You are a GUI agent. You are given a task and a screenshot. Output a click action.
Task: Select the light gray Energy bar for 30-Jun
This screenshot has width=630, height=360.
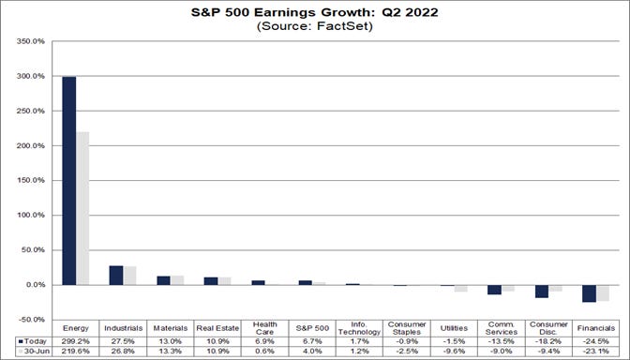point(82,208)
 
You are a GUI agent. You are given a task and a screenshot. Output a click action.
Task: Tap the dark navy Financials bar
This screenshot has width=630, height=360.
point(589,293)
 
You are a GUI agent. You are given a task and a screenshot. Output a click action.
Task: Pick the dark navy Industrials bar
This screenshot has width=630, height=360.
point(115,275)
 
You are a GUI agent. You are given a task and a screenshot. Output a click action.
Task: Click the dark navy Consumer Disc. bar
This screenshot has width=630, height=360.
point(541,291)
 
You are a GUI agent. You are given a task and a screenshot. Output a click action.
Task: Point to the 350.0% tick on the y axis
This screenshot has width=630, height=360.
point(31,42)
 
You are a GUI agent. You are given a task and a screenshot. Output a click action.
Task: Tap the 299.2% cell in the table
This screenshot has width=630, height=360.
point(75,340)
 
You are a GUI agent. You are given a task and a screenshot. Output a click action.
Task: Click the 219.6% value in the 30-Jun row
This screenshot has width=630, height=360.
point(75,352)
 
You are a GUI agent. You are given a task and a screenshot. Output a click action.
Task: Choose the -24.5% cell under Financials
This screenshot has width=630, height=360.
point(595,340)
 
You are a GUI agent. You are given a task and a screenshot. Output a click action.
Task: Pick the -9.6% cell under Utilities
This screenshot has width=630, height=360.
point(454,352)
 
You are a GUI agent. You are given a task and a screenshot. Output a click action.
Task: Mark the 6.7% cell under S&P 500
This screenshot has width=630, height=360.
point(311,340)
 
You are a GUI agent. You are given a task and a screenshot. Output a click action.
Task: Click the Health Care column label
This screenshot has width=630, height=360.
point(264,326)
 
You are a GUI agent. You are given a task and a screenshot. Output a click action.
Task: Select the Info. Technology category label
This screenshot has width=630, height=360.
point(359,326)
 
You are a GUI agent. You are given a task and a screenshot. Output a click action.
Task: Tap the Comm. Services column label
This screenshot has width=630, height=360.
point(501,326)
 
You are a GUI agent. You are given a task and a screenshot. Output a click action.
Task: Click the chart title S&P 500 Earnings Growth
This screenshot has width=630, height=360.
point(315,13)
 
